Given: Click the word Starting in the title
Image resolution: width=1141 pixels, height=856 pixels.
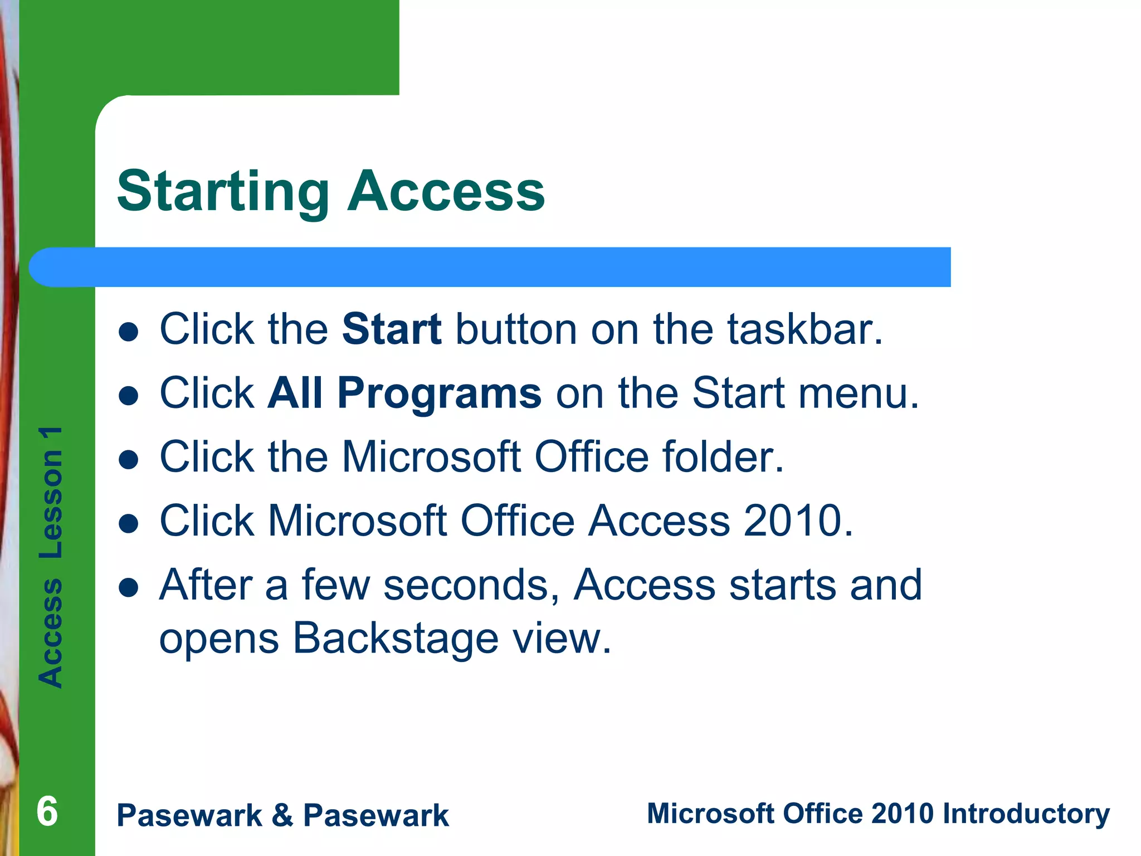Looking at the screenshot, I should (x=223, y=192).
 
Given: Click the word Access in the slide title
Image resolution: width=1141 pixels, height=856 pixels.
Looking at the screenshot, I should (x=446, y=192).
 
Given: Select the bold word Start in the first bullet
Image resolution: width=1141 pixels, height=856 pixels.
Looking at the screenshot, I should (x=392, y=329).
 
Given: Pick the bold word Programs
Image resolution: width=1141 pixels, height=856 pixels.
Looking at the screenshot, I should (x=439, y=393).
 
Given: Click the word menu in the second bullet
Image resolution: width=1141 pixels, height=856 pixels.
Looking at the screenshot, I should (x=859, y=393).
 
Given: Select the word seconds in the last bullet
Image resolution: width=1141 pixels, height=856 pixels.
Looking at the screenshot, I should (x=471, y=585).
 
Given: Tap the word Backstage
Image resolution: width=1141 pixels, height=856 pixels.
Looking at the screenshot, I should (x=395, y=639).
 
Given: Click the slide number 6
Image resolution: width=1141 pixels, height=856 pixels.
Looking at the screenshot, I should (x=47, y=811).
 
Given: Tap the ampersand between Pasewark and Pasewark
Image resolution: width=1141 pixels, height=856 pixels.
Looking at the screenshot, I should (x=282, y=815).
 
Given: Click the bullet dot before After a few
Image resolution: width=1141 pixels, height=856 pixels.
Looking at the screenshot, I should (x=129, y=587).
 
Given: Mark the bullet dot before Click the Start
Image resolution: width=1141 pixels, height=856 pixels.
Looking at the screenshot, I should (x=129, y=332).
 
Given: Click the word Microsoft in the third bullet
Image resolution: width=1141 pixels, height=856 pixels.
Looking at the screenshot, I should (x=431, y=457).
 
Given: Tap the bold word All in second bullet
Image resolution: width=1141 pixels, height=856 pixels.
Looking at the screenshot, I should (x=295, y=393).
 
